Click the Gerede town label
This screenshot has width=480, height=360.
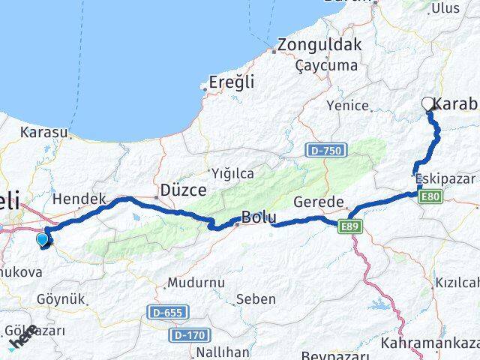click(x=319, y=202)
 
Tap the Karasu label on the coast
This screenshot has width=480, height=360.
click(x=45, y=133)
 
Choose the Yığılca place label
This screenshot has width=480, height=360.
click(x=232, y=173)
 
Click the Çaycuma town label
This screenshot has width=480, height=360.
click(x=326, y=66)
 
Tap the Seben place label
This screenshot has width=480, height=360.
click(x=256, y=299)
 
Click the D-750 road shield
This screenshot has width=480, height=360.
click(x=325, y=151)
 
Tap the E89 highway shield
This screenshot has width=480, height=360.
click(x=350, y=226)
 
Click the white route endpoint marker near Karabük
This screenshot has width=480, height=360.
click(x=428, y=104)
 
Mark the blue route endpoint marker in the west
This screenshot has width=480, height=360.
click(x=43, y=239)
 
